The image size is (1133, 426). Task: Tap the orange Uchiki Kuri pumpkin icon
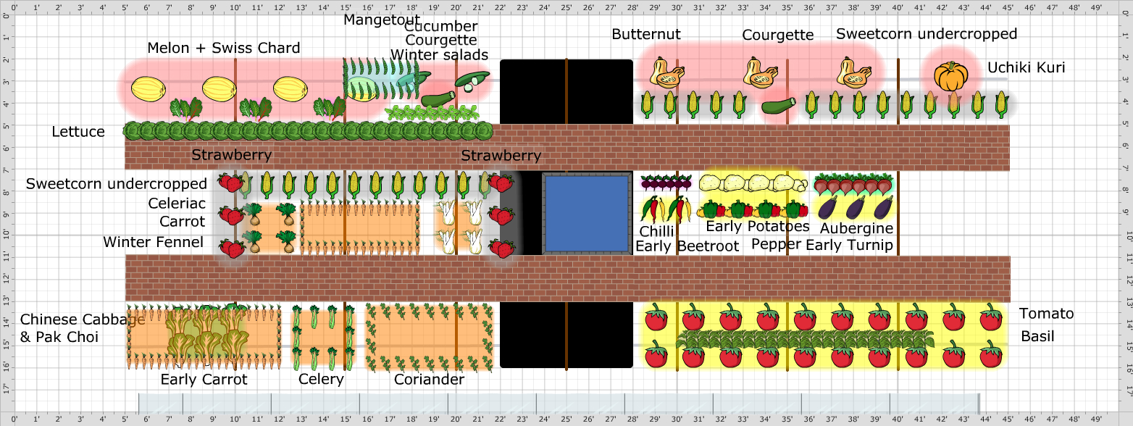(950, 76)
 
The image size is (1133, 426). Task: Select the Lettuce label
(78, 132)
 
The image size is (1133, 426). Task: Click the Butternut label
(646, 34)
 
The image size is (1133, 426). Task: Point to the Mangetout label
(381, 19)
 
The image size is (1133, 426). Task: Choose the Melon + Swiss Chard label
(223, 49)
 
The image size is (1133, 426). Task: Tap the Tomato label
(1046, 314)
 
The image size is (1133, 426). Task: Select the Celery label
(321, 379)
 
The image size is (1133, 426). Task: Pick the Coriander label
(429, 379)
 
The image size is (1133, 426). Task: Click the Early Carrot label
(204, 379)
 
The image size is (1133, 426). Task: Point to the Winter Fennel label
(153, 242)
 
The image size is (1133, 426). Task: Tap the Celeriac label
(177, 203)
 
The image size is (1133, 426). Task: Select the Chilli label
(656, 231)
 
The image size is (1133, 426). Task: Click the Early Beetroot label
(687, 246)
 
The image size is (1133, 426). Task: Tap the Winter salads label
(439, 55)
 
